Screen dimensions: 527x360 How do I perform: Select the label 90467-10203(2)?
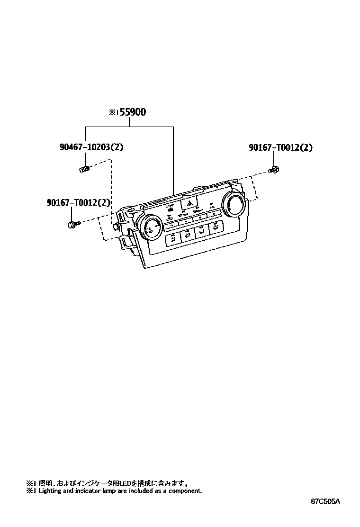(91, 147)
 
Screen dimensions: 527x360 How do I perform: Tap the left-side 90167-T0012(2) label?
(79, 203)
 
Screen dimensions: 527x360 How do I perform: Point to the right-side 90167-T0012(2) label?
(280, 147)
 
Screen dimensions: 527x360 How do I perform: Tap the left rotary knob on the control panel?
(152, 226)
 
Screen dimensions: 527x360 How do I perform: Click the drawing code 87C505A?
(326, 501)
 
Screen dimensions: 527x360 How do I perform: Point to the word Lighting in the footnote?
(49, 491)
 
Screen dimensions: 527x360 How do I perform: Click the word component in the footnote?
(186, 491)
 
